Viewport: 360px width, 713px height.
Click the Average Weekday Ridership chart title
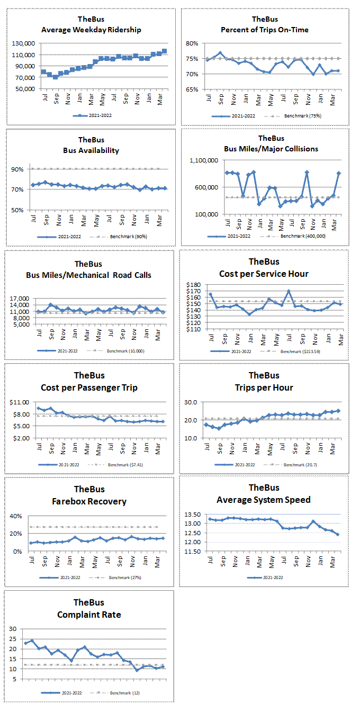[x=91, y=30]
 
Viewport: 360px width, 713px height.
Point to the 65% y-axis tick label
[x=192, y=89]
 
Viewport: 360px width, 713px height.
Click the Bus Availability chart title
[x=91, y=150]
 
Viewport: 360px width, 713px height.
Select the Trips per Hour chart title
[x=264, y=387]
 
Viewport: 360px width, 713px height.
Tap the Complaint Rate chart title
[x=89, y=615]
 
